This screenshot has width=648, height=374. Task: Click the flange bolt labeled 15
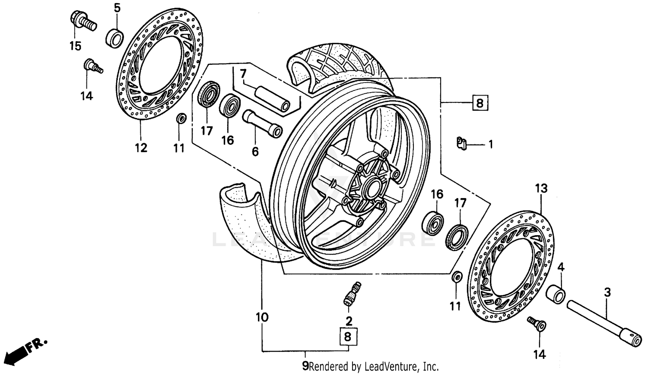click(x=82, y=20)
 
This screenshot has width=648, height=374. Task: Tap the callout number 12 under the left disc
click(x=141, y=148)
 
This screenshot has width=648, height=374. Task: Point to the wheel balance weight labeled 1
click(x=462, y=143)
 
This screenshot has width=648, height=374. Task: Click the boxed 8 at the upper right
click(x=480, y=103)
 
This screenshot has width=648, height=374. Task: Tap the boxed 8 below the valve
click(x=348, y=337)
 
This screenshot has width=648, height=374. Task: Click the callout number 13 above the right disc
click(x=541, y=189)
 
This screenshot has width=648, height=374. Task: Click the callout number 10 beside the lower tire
click(x=262, y=317)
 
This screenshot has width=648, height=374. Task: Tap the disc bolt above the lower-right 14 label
click(x=537, y=324)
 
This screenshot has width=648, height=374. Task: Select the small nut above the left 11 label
click(x=181, y=118)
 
